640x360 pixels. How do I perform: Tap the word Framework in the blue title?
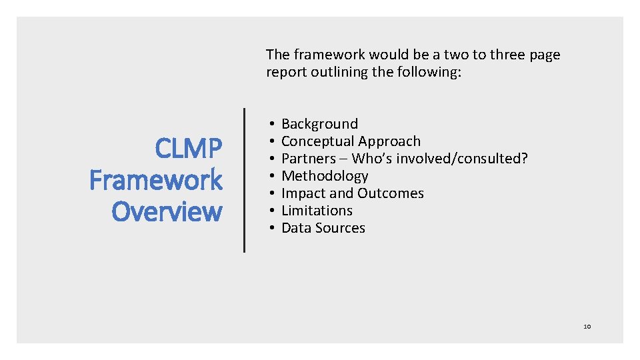pos(156,180)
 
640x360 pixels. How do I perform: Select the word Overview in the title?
pos(167,211)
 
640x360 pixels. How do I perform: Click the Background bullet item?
pos(319,124)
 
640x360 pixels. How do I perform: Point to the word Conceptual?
pos(315,141)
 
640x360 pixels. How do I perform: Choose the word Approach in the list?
pos(389,141)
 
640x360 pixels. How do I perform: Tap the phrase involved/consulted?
pos(460,159)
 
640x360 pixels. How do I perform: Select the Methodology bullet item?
pos(325,176)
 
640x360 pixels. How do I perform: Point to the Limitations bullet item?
pos(317,211)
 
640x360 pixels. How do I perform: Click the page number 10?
pos(587,327)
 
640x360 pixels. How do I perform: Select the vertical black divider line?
pos(244,180)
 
